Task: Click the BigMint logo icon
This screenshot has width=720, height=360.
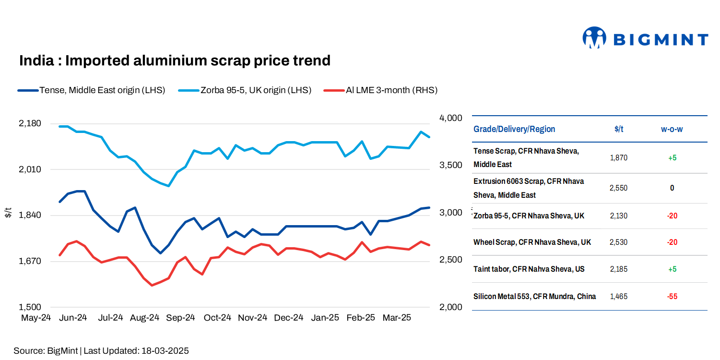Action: tap(594, 38)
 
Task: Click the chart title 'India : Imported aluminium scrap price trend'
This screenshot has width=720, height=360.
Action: tap(175, 61)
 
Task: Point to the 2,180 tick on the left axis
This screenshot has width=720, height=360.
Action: tap(30, 123)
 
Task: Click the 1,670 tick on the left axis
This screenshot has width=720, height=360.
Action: tap(30, 261)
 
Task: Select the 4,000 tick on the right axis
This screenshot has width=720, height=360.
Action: tap(450, 118)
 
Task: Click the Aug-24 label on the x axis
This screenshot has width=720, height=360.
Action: tap(145, 318)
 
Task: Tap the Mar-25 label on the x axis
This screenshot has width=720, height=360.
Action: tap(397, 318)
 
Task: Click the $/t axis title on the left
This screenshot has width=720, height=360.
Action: tap(8, 213)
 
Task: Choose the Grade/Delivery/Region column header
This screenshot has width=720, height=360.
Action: tap(514, 129)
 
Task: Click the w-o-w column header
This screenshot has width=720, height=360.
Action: tap(672, 129)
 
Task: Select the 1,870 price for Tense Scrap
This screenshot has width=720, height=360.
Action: tap(618, 157)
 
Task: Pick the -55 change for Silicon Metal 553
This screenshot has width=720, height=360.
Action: tap(672, 297)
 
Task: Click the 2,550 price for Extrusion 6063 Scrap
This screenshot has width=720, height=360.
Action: tap(618, 188)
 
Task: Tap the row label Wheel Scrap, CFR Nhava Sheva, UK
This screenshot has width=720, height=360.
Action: tap(532, 242)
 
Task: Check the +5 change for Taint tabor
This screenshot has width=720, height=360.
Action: tap(672, 269)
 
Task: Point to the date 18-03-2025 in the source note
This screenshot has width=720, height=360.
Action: tap(165, 351)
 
